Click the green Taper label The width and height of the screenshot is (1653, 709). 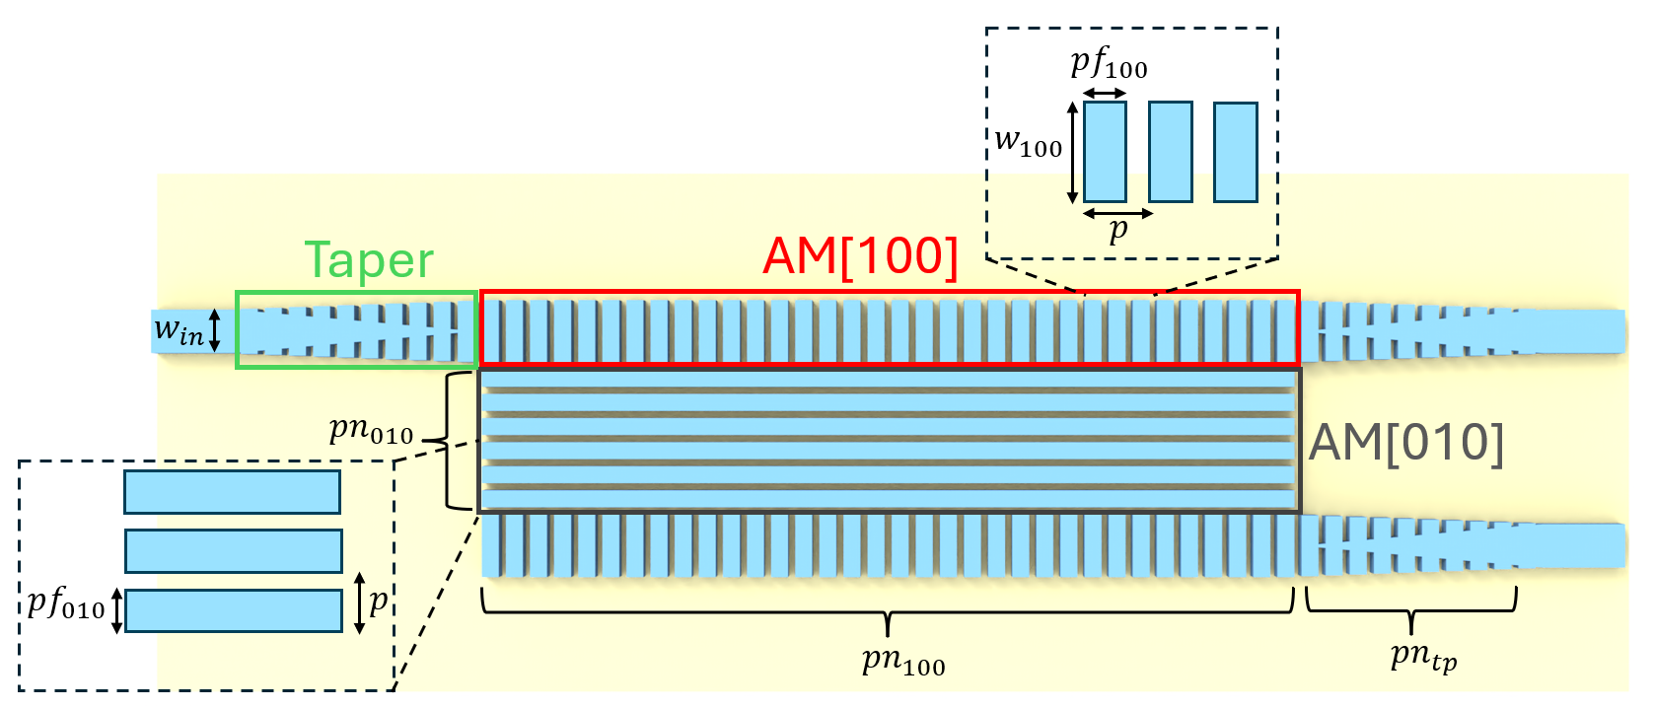pyautogui.click(x=369, y=261)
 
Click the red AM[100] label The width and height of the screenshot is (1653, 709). pyautogui.click(x=860, y=256)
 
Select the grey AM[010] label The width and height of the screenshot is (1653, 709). pyautogui.click(x=1406, y=443)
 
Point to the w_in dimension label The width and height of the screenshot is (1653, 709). pyautogui.click(x=179, y=330)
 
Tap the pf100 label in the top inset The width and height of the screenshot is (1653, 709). pyautogui.click(x=1109, y=64)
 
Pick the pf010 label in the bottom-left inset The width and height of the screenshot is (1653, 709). pyautogui.click(x=65, y=603)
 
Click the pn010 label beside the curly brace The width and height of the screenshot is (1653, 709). pyautogui.click(x=371, y=430)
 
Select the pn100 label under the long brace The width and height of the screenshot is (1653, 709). pyautogui.click(x=903, y=660)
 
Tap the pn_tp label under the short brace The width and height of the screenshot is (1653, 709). pyautogui.click(x=1423, y=657)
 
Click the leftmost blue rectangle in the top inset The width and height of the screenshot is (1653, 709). pyautogui.click(x=1105, y=152)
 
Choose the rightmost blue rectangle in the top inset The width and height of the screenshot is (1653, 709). pyautogui.click(x=1235, y=152)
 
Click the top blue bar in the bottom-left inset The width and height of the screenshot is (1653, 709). pyautogui.click(x=232, y=492)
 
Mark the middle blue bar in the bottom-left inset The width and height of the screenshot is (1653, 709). pyautogui.click(x=233, y=551)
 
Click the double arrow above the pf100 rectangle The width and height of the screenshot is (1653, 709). pyautogui.click(x=1105, y=94)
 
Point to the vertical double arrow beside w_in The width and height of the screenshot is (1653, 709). pyautogui.click(x=214, y=330)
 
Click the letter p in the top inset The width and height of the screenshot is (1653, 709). pyautogui.click(x=1117, y=231)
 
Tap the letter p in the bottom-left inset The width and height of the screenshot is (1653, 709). pyautogui.click(x=378, y=601)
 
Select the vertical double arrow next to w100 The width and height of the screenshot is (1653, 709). pyautogui.click(x=1073, y=152)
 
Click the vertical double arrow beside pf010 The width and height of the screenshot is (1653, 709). pyautogui.click(x=116, y=610)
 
